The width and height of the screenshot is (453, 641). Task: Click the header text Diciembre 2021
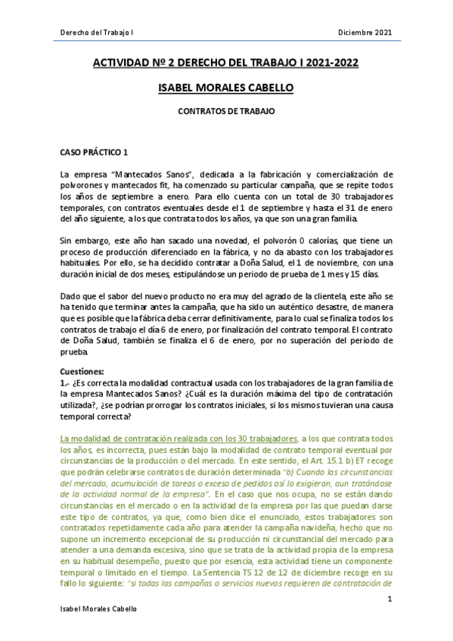tap(365, 33)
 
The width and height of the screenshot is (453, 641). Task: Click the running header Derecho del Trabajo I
tap(96, 33)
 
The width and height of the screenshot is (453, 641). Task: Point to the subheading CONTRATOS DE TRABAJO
tap(225, 110)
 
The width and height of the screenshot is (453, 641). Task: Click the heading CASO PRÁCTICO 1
tap(95, 151)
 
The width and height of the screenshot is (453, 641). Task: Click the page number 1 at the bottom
tap(389, 599)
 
